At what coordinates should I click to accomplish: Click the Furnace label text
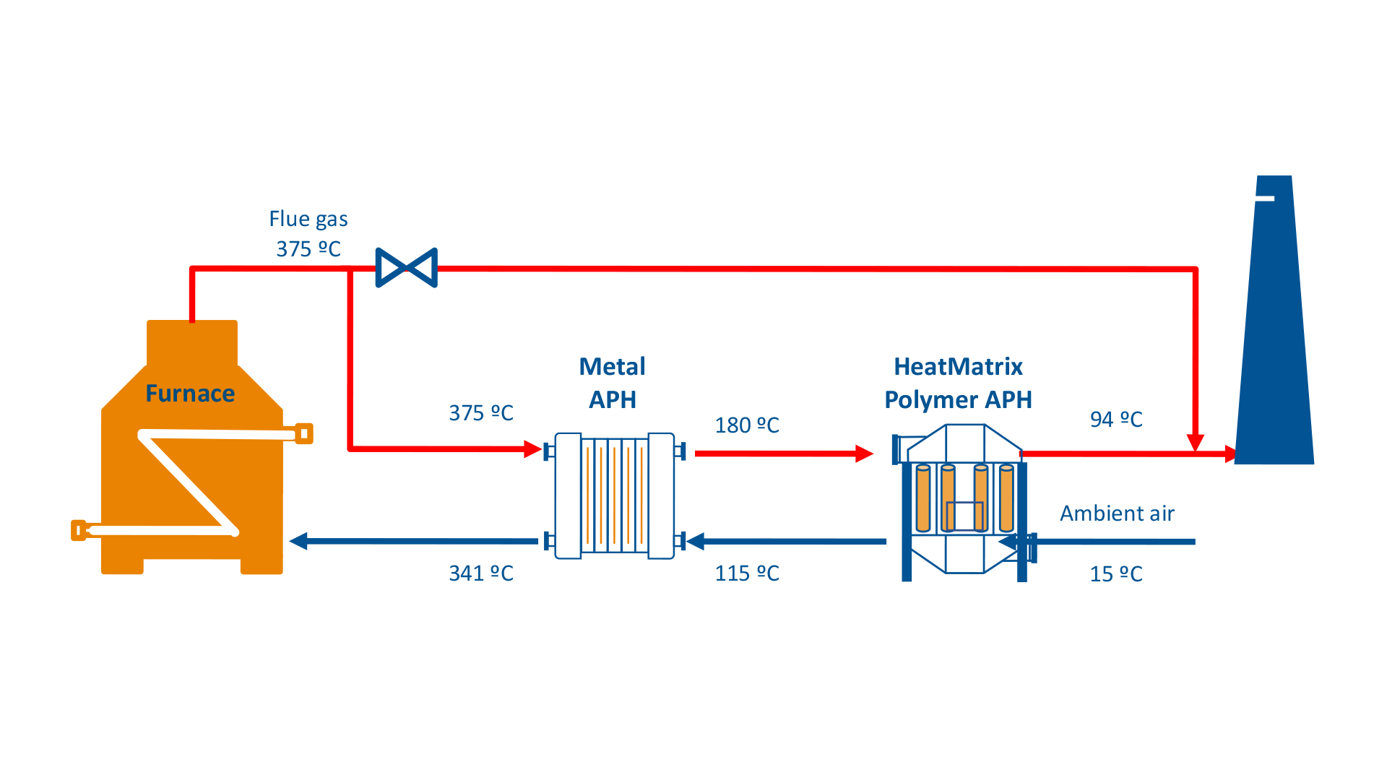(x=190, y=394)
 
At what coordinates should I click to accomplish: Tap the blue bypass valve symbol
(x=406, y=268)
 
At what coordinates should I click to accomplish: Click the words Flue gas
(x=308, y=219)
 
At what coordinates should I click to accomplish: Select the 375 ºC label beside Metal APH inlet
(x=480, y=413)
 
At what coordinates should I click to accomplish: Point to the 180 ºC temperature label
(x=746, y=425)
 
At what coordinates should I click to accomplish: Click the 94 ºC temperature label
(x=1115, y=420)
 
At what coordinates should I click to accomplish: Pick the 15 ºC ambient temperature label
(x=1115, y=574)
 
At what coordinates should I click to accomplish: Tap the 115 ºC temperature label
(x=746, y=573)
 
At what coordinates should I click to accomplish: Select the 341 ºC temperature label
(x=480, y=573)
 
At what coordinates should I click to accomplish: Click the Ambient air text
(x=1116, y=513)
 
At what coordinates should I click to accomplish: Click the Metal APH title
(x=612, y=383)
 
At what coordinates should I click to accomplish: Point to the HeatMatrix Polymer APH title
(x=958, y=383)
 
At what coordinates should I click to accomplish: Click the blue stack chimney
(x=1274, y=339)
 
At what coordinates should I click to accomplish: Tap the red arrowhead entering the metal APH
(x=533, y=449)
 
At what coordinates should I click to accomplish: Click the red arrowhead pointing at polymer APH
(x=864, y=454)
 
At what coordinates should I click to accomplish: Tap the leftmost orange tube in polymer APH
(x=922, y=498)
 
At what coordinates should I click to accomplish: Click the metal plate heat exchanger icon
(x=614, y=495)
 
